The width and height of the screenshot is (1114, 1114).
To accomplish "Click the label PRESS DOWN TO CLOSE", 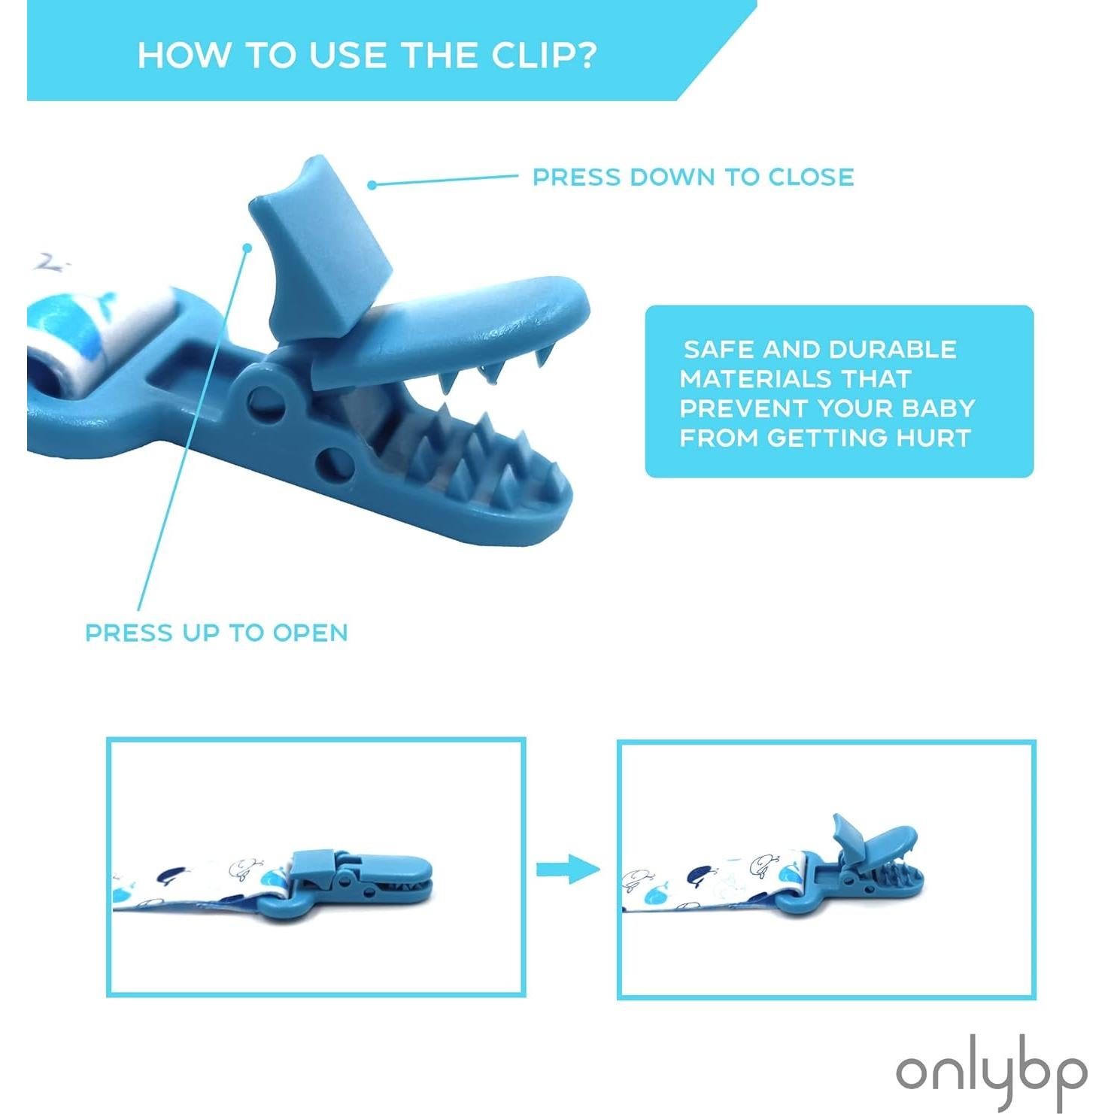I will point(693,177).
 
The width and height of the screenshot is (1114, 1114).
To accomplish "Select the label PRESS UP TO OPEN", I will point(217,633).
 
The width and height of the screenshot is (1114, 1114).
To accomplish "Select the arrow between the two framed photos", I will point(568,869).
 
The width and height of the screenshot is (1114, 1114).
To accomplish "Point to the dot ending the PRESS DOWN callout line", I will point(372,184).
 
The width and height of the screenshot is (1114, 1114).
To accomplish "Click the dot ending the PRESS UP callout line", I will point(246,247).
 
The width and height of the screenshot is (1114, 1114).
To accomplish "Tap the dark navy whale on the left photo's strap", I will point(174,876).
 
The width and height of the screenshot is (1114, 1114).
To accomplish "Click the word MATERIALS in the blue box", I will point(795,378).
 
